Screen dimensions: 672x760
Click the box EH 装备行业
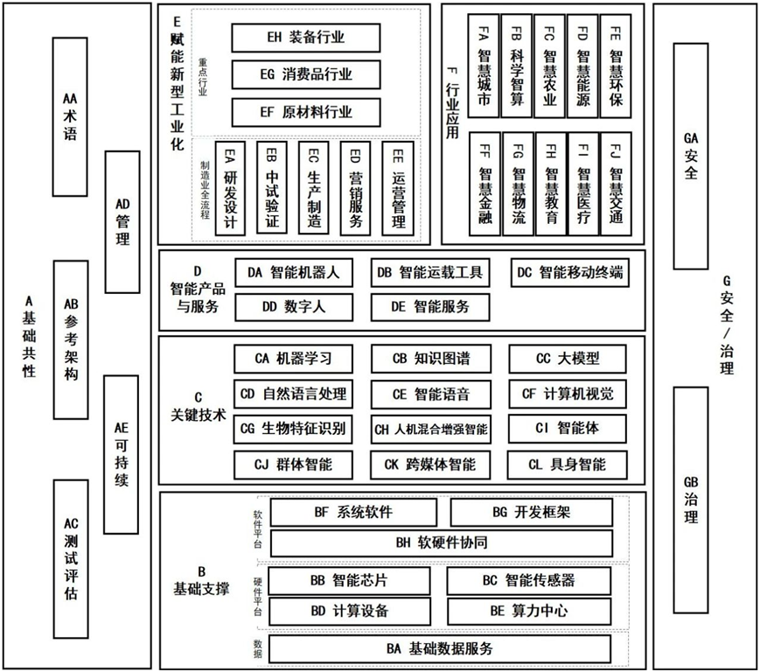pos(305,38)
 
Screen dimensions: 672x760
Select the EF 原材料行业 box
pos(305,112)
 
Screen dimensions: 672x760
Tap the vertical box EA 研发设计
pos(230,188)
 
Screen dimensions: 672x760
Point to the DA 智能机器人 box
pos(293,273)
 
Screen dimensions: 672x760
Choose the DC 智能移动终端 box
pos(569,273)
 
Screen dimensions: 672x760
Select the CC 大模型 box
pos(568,358)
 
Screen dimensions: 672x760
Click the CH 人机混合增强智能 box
pos(430,429)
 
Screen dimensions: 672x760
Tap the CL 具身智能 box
pos(568,464)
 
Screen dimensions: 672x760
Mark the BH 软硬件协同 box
pos(441,542)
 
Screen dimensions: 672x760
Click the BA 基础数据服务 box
pos(439,648)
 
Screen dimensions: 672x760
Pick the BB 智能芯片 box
pos(349,580)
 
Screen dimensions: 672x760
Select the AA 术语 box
pos(70,116)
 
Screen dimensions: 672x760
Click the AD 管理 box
pos(122,221)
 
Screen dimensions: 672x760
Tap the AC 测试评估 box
pos(71,558)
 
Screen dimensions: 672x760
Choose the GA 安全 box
pos(691,155)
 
